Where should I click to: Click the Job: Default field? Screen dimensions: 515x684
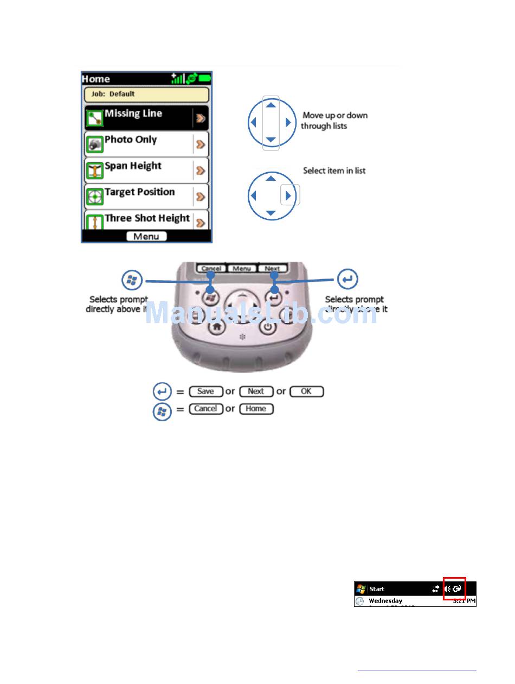pos(146,94)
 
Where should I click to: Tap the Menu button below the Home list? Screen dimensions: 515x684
pos(146,236)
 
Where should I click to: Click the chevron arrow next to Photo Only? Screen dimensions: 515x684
pos(201,144)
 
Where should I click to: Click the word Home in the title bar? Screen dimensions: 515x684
pos(96,79)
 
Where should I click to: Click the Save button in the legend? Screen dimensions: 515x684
pos(205,391)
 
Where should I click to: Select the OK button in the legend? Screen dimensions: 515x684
pos(306,391)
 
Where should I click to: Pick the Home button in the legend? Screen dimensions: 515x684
pos(255,409)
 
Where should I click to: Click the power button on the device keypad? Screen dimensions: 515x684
pos(268,326)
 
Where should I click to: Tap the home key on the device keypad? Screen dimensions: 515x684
pos(218,326)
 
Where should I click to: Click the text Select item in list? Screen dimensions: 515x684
pos(334,170)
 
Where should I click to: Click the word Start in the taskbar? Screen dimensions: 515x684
pos(377,589)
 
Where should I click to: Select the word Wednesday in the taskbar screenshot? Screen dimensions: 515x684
pos(385,601)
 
